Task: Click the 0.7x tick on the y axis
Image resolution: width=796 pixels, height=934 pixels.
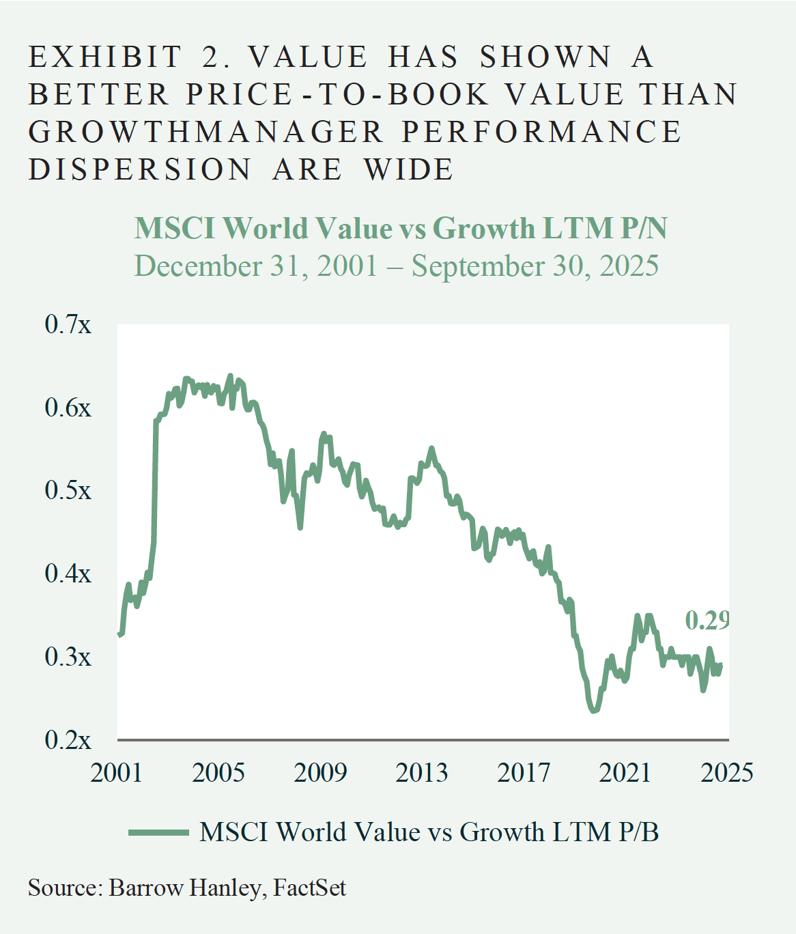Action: [x=68, y=324]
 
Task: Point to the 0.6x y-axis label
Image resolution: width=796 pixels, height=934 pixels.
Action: [x=68, y=408]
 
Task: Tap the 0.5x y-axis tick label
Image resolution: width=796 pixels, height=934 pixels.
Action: [x=68, y=490]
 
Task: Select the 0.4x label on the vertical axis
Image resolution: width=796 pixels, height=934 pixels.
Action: [x=68, y=574]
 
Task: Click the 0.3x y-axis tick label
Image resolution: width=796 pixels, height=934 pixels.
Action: [x=68, y=657]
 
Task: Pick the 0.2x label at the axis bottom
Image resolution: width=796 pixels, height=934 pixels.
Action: [x=68, y=740]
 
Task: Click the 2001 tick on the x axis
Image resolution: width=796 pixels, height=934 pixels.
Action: [x=117, y=772]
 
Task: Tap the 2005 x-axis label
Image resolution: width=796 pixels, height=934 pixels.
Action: [x=218, y=772]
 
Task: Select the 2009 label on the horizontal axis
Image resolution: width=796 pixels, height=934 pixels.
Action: [x=320, y=772]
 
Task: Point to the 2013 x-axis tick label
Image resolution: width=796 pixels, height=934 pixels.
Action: [x=422, y=772]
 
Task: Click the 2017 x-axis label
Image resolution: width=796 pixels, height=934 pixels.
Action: [x=524, y=772]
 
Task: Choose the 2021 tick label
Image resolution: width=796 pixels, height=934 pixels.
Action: [x=625, y=772]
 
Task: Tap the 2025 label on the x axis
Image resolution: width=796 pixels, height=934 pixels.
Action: [x=727, y=772]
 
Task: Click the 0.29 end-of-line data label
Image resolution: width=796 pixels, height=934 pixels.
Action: [x=707, y=620]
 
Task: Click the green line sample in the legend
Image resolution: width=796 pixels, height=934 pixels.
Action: [x=158, y=832]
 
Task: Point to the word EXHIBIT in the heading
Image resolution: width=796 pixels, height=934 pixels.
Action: [x=106, y=57]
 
